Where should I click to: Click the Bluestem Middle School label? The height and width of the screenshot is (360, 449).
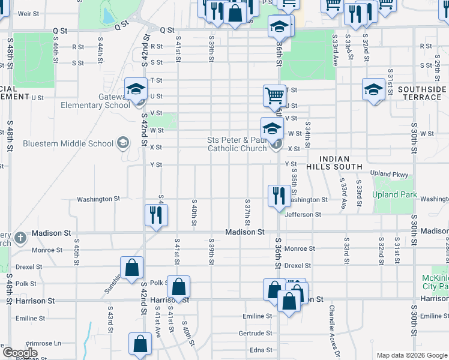[67, 143]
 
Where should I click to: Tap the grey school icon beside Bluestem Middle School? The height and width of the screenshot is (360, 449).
[123, 143]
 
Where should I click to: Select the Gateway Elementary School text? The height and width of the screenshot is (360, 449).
[95, 101]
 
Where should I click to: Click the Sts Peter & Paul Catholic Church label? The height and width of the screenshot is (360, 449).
[237, 144]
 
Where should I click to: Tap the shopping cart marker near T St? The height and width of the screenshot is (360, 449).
[274, 95]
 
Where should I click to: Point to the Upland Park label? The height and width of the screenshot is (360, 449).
[393, 195]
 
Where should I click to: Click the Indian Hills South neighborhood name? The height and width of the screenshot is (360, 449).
[334, 162]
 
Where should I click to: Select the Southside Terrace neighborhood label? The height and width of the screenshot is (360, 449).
[422, 93]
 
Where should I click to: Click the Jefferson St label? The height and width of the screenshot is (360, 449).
[303, 214]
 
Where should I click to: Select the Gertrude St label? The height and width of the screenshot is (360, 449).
[255, 333]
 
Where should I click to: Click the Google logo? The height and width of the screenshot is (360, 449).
[19, 353]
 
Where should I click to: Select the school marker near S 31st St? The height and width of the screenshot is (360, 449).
[373, 89]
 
